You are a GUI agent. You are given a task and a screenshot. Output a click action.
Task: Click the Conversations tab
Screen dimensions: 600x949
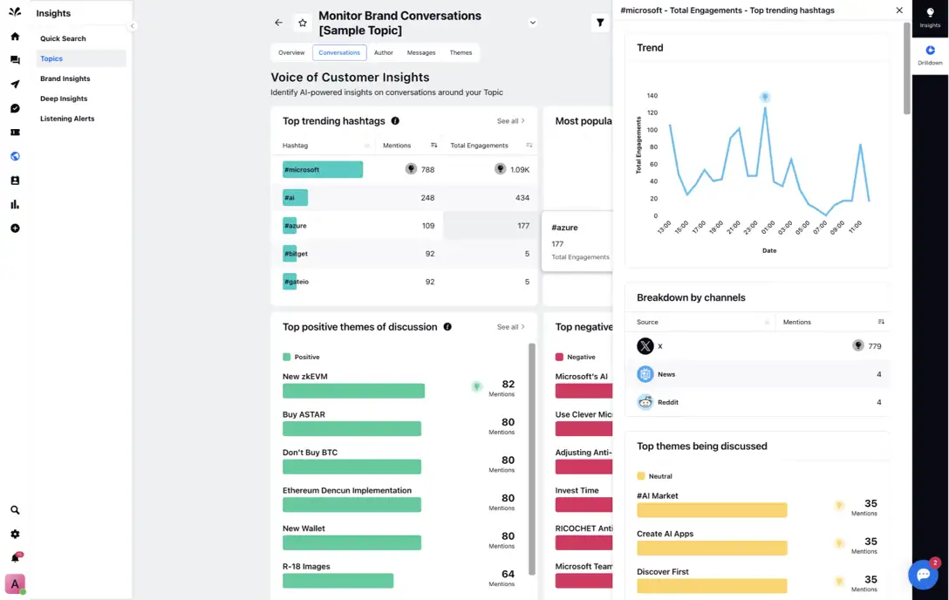[339, 53]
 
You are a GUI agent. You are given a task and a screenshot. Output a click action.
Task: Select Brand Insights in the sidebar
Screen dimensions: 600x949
[65, 78]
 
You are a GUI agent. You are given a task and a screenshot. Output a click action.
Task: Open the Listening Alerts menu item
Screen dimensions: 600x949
[67, 119]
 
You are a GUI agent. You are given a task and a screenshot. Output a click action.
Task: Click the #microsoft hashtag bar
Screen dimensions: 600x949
[322, 170]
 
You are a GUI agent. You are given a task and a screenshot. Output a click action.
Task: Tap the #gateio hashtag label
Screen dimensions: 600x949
[296, 282]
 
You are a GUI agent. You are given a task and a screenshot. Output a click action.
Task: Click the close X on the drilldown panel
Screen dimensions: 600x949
[899, 10]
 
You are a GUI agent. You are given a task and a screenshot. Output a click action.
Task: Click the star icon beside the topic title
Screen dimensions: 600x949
[302, 23]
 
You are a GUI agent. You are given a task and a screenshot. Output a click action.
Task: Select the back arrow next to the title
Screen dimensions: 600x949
[278, 23]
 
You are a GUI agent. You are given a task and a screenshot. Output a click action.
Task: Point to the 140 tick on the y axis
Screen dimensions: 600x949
[652, 96]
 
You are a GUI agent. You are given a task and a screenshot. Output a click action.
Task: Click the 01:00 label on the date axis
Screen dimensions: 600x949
[768, 228]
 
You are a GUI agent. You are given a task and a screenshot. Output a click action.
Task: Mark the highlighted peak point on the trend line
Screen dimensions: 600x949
[765, 98]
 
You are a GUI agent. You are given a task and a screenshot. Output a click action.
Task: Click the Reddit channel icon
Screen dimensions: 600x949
[645, 402]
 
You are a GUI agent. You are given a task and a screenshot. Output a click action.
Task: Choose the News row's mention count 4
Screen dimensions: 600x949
[878, 374]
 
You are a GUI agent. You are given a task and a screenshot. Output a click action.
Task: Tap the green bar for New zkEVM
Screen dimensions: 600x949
[353, 391]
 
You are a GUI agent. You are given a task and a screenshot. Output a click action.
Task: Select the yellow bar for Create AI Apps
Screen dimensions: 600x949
[712, 548]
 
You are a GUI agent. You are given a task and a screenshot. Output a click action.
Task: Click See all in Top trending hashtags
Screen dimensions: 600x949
[510, 121]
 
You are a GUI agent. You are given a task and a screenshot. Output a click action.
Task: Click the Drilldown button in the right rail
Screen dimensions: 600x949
[930, 56]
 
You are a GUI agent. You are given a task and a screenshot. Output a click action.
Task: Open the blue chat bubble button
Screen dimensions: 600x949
[923, 575]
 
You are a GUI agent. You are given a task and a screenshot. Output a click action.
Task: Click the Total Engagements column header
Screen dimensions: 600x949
[479, 146]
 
